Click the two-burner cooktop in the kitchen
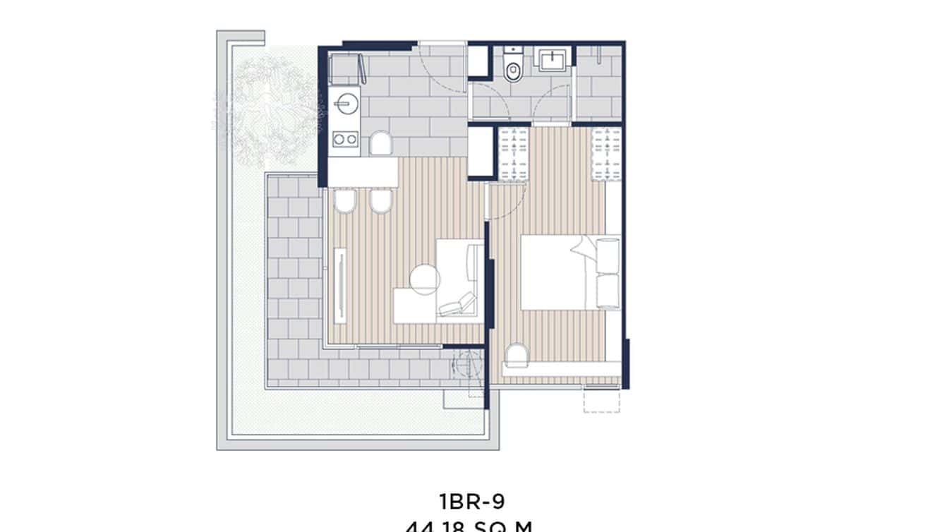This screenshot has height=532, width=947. [x=344, y=140]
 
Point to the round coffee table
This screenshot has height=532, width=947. [x=425, y=279]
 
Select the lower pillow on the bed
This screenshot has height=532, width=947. [x=608, y=291]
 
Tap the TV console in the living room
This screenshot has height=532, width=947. [x=340, y=282]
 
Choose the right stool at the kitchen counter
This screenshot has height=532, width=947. [x=380, y=203]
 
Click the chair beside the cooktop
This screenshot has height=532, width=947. [x=381, y=144]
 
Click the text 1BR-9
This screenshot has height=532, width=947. [x=472, y=502]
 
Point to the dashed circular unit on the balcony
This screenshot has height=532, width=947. [x=464, y=363]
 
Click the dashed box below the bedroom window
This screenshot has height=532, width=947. [x=601, y=401]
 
